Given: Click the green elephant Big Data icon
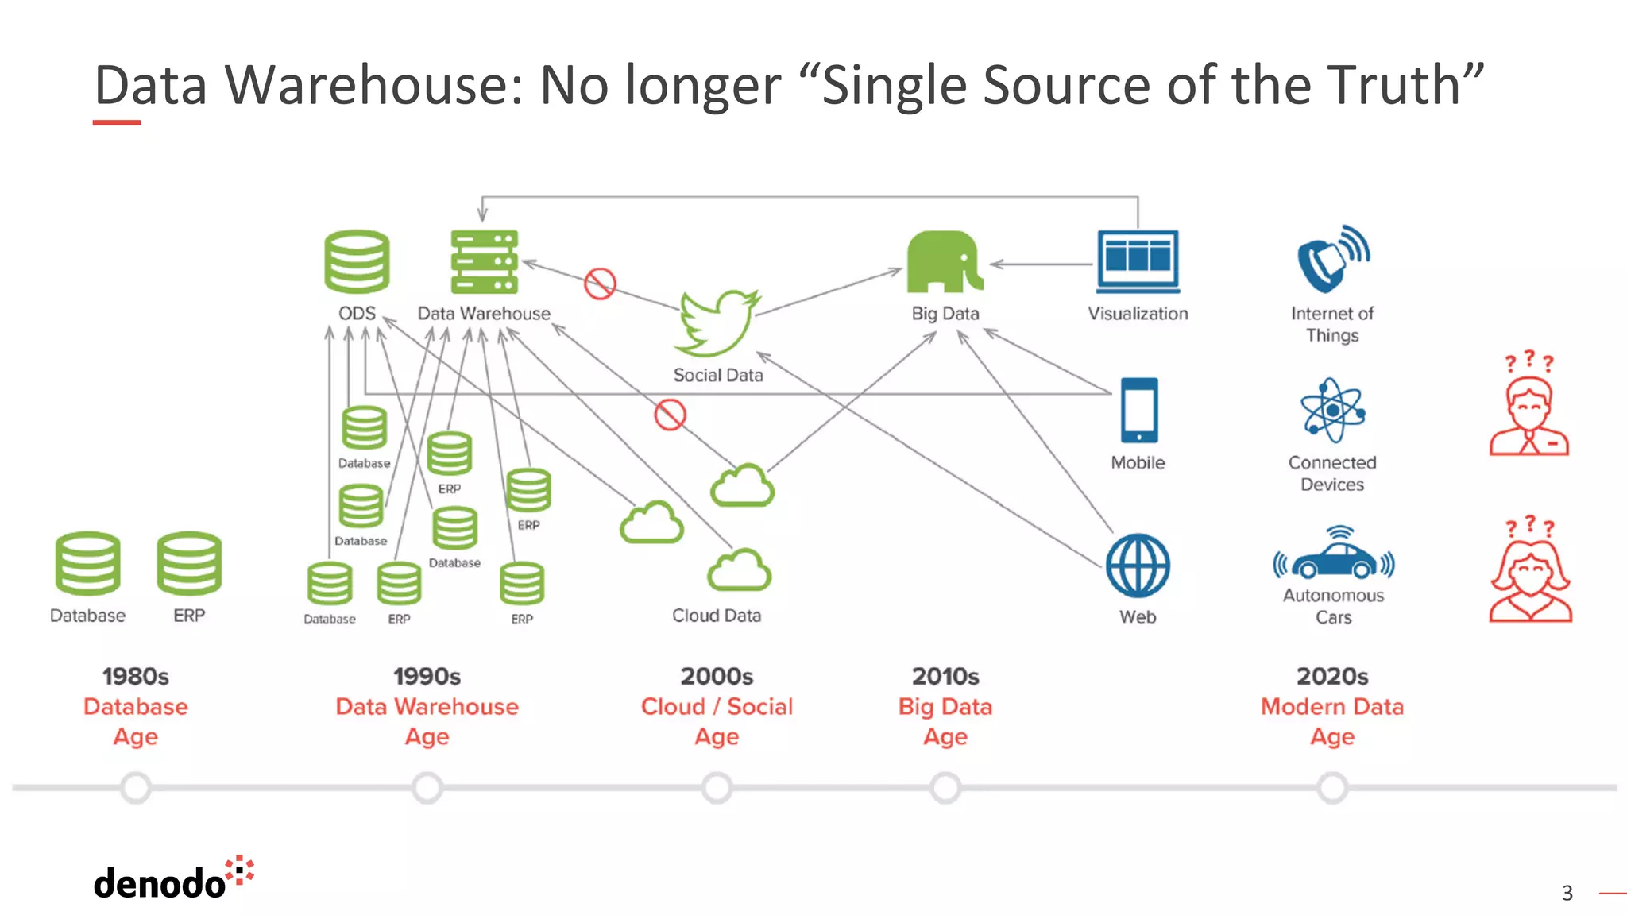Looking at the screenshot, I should click(x=944, y=262).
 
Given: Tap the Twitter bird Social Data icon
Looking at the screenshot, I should click(x=717, y=322).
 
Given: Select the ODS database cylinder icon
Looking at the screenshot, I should click(x=357, y=261).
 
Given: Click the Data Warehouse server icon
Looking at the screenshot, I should click(x=484, y=261).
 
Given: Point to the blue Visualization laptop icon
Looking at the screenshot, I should click(x=1138, y=261).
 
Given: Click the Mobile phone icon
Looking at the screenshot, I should click(x=1138, y=410).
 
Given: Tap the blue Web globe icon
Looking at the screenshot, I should click(x=1138, y=565).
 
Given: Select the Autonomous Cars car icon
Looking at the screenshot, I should click(x=1334, y=556).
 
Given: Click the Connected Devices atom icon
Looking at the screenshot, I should click(x=1332, y=410).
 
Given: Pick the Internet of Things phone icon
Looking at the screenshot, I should click(x=1332, y=259).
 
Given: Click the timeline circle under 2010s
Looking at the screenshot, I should click(x=945, y=788).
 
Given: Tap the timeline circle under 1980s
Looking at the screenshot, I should click(x=136, y=788).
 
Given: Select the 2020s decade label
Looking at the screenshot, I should click(x=1332, y=677).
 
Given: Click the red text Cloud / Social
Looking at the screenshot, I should click(x=717, y=706).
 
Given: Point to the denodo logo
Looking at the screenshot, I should click(x=172, y=880).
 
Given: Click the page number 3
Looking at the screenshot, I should click(x=1567, y=894).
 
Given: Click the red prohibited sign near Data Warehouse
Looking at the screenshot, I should click(x=600, y=284).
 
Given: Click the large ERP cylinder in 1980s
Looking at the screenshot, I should click(x=189, y=563).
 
